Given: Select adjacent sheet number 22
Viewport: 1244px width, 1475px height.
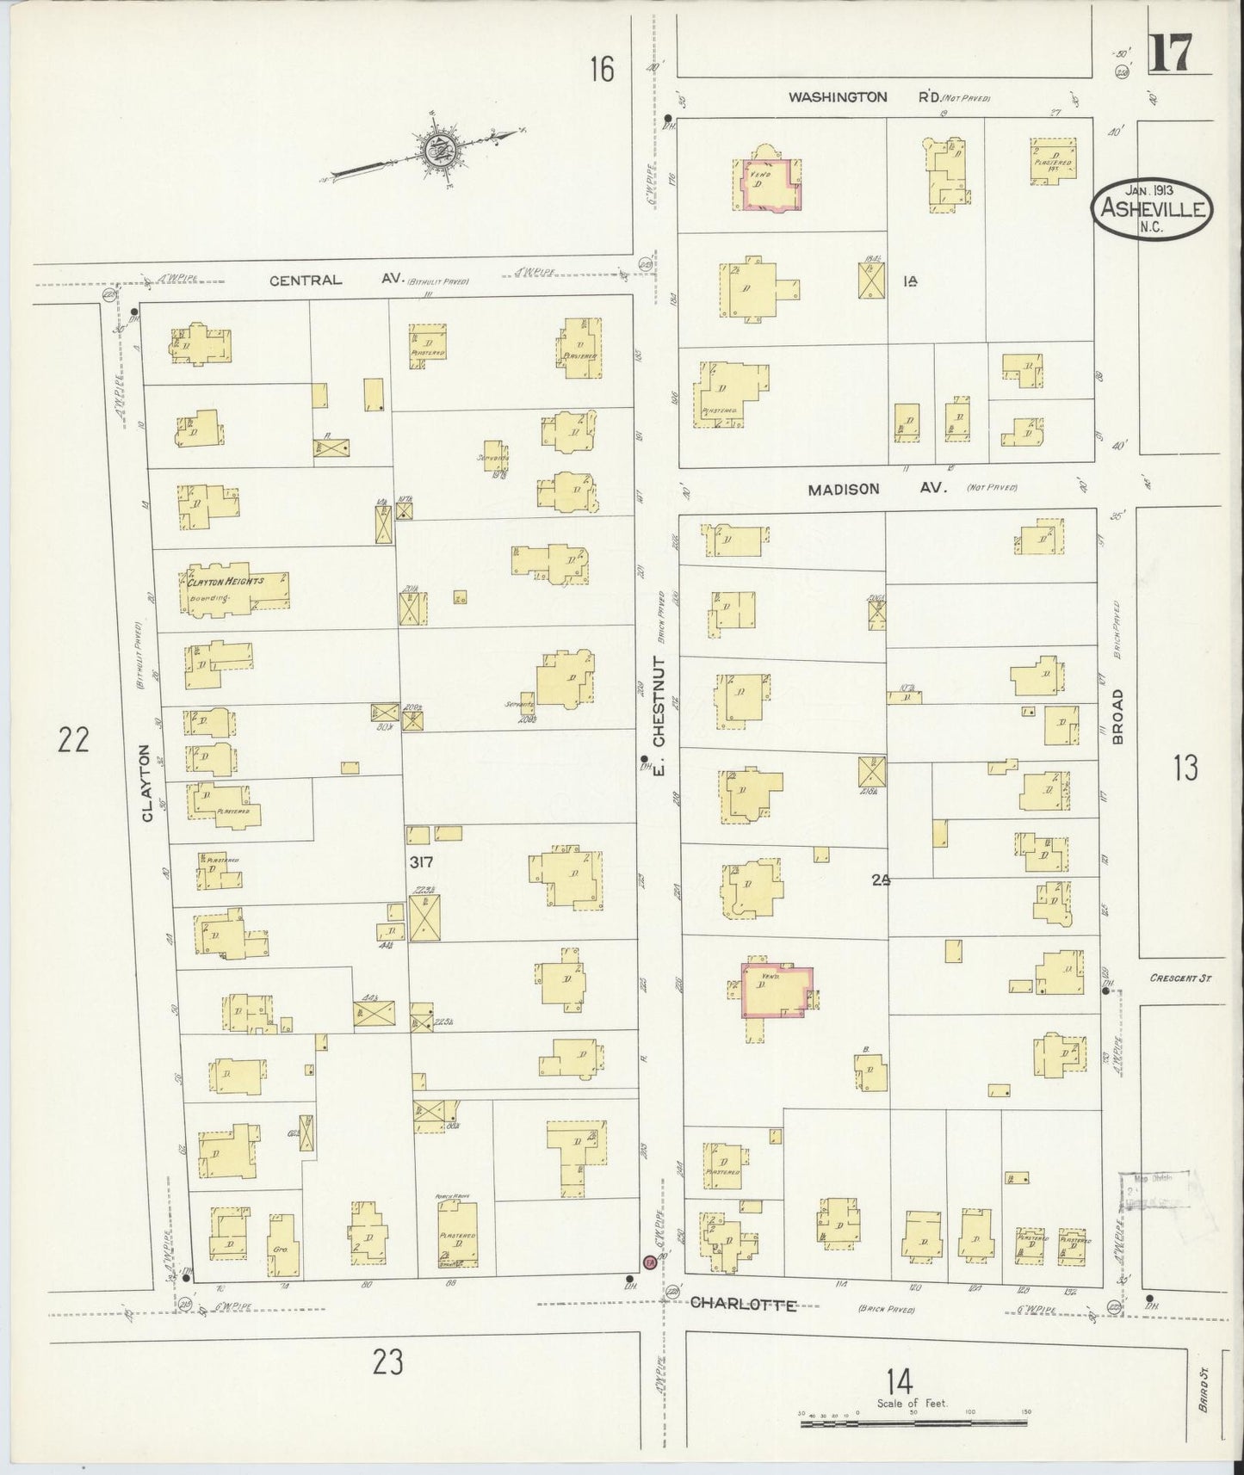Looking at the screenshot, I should point(73,739).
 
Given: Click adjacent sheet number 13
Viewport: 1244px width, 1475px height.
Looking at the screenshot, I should point(1185,767).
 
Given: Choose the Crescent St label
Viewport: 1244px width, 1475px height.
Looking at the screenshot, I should point(1186,978).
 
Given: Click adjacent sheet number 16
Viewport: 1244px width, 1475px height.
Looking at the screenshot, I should point(602,68).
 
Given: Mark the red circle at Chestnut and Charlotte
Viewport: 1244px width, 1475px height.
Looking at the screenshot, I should point(650,1262).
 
